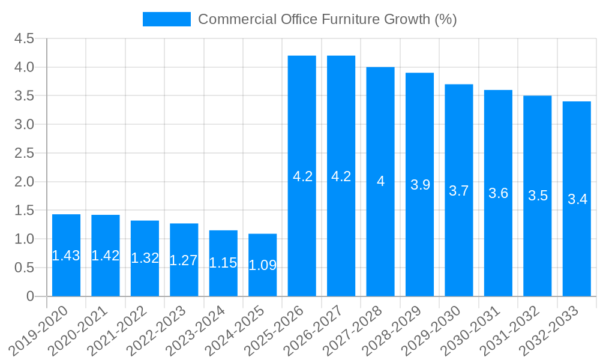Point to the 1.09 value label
coord(263,265)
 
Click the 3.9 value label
coord(420,185)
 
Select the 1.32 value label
coord(145,258)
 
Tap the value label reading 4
coord(380,181)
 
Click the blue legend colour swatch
coord(166,19)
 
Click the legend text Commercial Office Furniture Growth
coord(327,19)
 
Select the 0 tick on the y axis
coord(31,296)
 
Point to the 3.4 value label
coord(577,200)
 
